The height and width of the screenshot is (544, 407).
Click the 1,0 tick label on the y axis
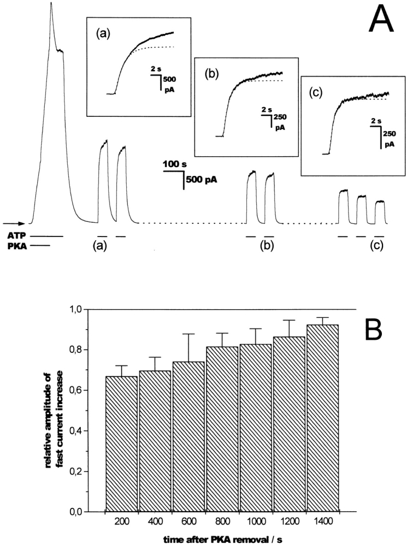(89, 310)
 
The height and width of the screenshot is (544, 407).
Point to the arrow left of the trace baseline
(13, 223)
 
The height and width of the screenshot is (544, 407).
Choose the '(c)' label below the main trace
(377, 246)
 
